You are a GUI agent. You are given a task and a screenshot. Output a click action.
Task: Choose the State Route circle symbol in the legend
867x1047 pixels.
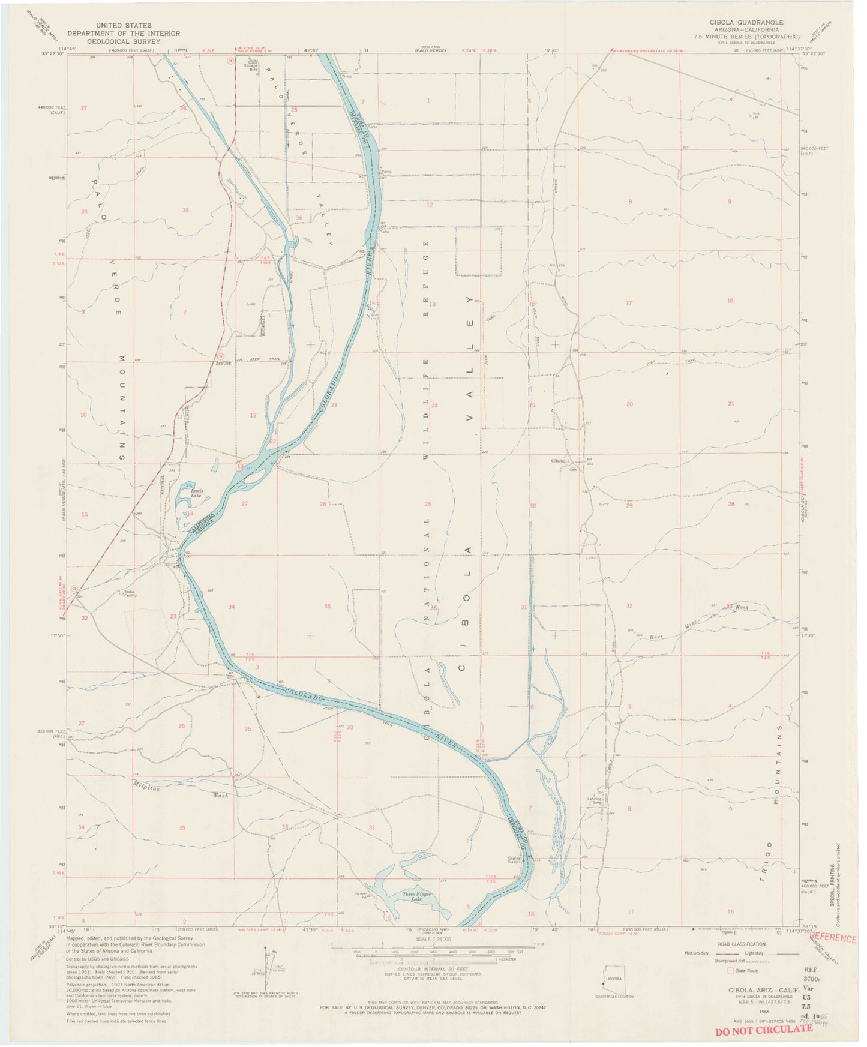(x=730, y=970)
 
